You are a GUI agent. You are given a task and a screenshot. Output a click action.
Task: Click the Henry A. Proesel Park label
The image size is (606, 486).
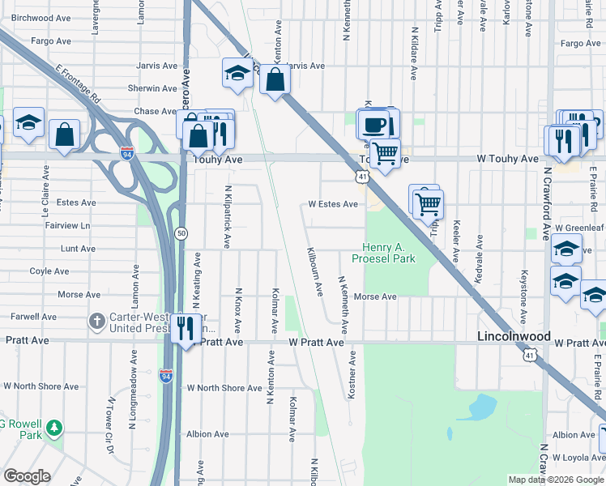point(383,252)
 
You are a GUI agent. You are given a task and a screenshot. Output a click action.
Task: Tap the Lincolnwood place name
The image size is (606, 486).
point(514,336)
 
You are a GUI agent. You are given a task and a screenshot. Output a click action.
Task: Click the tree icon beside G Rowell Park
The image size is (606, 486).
point(54,427)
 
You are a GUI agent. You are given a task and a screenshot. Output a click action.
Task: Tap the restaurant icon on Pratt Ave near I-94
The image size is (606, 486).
point(187,328)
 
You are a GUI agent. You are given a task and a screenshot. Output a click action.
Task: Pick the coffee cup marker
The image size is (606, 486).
point(373,125)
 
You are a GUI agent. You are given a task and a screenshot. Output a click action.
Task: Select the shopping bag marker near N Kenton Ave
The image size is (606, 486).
point(275,79)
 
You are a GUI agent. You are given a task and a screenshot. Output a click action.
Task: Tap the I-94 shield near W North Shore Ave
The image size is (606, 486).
point(165,376)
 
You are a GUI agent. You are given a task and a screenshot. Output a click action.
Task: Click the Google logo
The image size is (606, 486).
point(26,476)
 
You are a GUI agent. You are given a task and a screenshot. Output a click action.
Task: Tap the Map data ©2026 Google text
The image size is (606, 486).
point(555,480)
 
